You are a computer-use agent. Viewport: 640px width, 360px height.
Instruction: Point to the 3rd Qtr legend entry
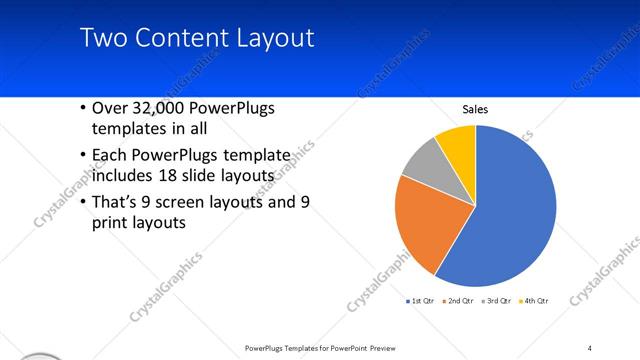click(496, 300)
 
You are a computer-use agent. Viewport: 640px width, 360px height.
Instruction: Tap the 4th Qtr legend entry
click(534, 300)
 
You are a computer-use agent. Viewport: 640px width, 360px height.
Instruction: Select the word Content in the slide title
click(180, 39)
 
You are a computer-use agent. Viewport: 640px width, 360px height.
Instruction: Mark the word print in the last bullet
click(112, 223)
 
